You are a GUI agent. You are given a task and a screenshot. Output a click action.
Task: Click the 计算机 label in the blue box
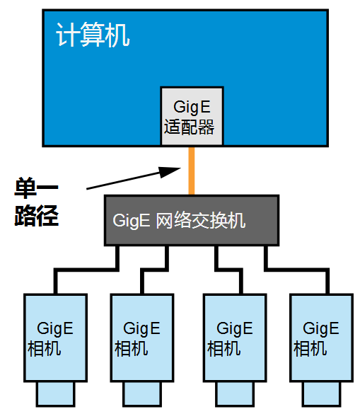coord(93,35)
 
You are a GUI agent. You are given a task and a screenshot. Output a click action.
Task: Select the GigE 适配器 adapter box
coord(192,116)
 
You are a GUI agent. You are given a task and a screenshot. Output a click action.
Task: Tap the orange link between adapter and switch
coord(192,170)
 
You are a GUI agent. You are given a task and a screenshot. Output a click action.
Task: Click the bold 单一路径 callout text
coord(36,202)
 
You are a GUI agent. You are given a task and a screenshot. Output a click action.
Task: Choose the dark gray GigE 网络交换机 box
coord(191,220)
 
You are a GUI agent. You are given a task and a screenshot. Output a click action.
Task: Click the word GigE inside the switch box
coord(131,220)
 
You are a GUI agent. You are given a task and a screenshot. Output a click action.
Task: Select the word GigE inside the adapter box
coord(192,107)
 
